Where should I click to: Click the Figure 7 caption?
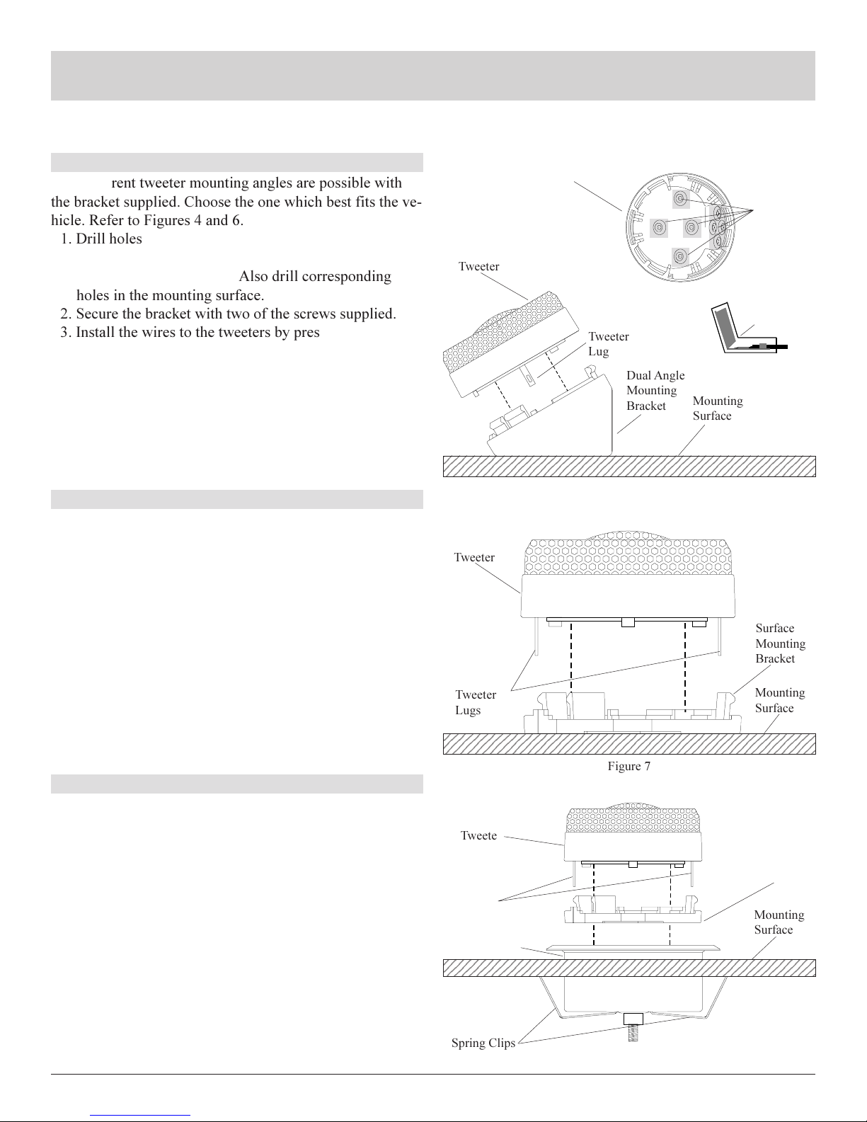tap(628, 766)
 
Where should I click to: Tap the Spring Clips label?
tap(483, 1043)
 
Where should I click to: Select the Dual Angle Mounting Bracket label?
tap(655, 390)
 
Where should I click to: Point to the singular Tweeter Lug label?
tap(609, 344)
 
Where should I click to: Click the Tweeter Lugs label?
tap(476, 702)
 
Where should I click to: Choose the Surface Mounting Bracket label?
tap(780, 643)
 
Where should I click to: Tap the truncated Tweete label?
tap(478, 835)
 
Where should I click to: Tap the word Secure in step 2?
tap(99, 314)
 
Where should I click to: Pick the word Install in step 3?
tap(96, 332)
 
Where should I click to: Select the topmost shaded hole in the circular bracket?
tap(681, 200)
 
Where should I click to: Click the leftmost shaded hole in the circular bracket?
tap(659, 227)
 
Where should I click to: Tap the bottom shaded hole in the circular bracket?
tap(681, 256)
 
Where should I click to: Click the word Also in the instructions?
tap(253, 276)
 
